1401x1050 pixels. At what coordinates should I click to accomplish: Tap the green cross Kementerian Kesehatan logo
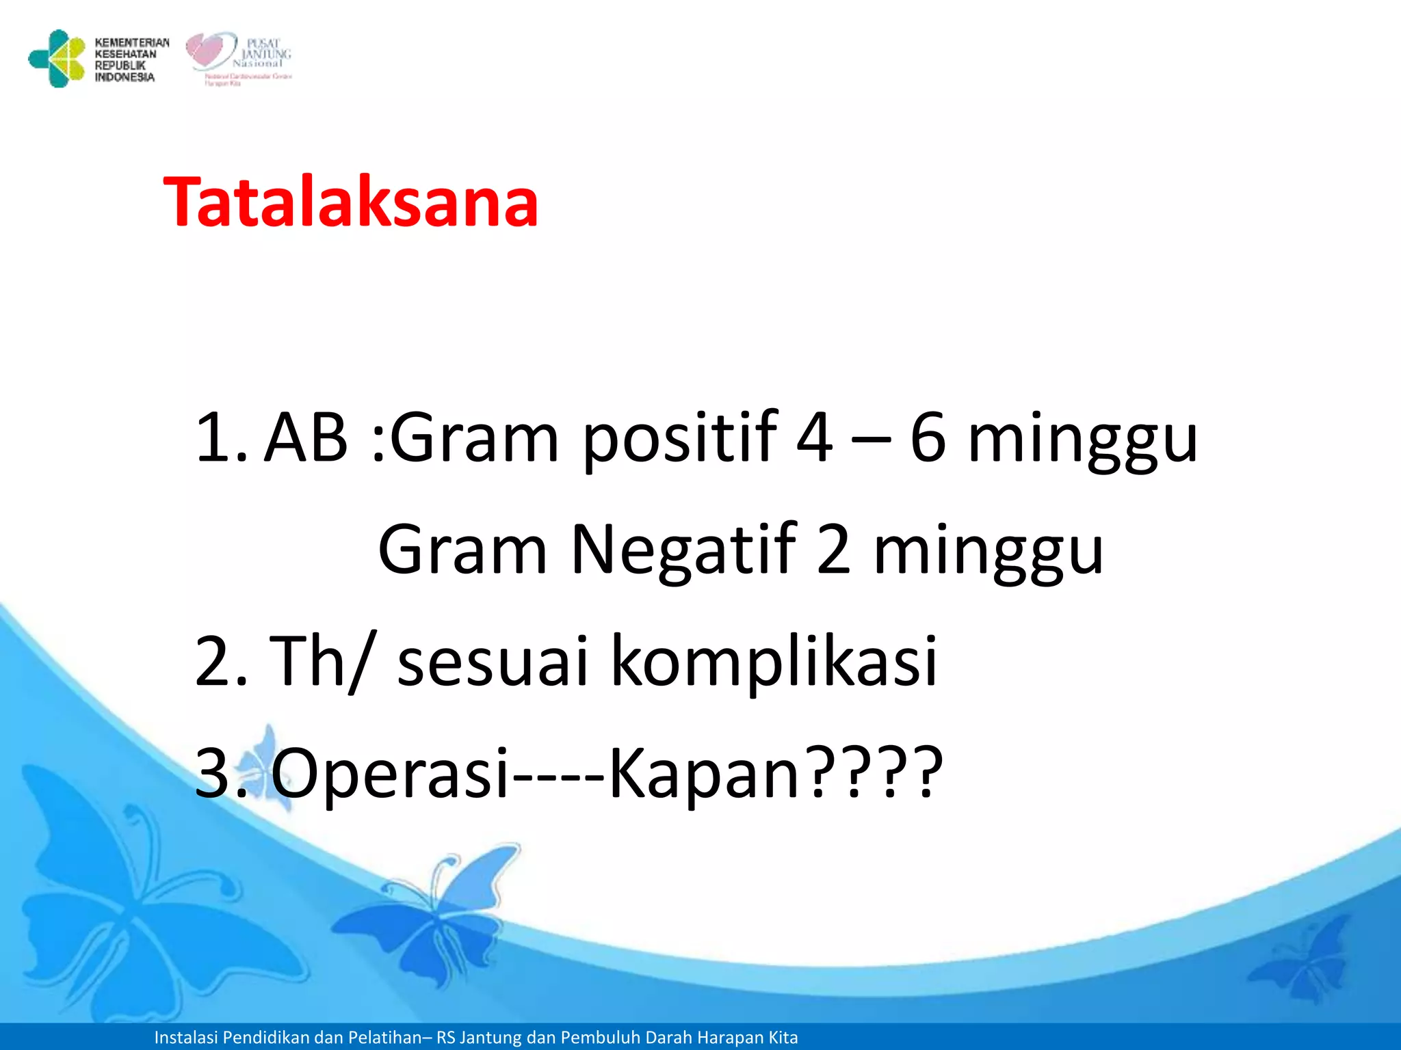click(56, 59)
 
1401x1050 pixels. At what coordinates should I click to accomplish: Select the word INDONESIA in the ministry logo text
click(125, 77)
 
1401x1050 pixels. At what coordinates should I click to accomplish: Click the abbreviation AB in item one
click(306, 437)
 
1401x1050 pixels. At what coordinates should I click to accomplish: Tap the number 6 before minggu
click(928, 437)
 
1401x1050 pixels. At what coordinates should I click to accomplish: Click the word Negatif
click(683, 550)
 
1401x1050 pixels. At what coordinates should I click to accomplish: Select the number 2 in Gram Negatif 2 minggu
click(834, 550)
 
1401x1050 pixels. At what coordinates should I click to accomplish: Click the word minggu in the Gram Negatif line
click(989, 550)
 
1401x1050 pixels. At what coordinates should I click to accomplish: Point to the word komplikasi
click(773, 661)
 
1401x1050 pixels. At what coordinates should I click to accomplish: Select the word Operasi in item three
click(390, 773)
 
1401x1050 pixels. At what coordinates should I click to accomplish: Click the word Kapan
click(705, 773)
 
